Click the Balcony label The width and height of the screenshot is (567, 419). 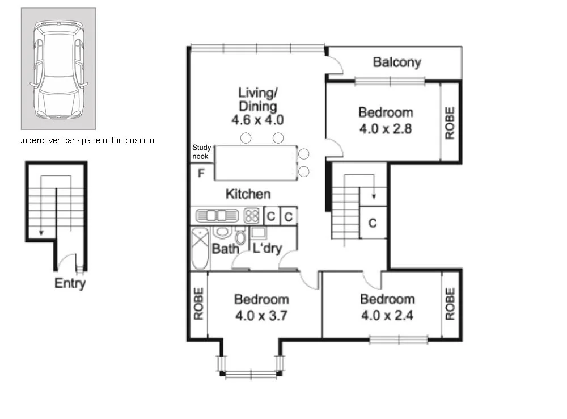[x=397, y=62]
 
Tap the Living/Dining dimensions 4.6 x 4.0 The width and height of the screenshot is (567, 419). [x=257, y=120]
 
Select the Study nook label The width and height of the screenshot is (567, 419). [x=201, y=152]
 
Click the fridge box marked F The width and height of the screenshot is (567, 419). [x=201, y=173]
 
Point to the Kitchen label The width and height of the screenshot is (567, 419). [x=248, y=194]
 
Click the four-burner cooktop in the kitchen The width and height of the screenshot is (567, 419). [x=252, y=216]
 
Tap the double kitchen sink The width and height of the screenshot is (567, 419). [x=217, y=216]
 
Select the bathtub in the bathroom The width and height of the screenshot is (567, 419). [x=200, y=249]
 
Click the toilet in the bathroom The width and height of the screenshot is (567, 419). [x=240, y=236]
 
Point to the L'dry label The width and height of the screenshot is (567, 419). [x=267, y=249]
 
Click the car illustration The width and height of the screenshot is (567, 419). [x=58, y=69]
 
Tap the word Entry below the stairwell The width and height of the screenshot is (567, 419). [x=70, y=283]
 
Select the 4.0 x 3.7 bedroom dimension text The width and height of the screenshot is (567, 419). [x=262, y=315]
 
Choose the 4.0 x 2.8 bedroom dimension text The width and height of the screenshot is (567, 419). [x=386, y=128]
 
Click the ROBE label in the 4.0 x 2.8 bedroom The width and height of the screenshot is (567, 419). [x=450, y=123]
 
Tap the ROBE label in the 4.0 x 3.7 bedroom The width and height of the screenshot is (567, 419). [x=199, y=305]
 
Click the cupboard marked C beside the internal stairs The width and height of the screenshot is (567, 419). [x=373, y=223]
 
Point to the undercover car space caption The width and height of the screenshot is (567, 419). [x=86, y=140]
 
